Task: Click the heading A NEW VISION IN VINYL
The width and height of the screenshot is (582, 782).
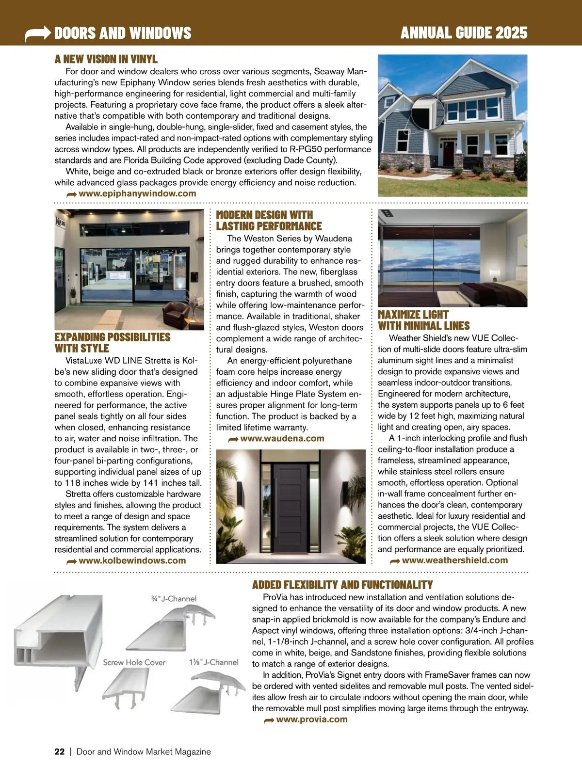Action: pos(106,59)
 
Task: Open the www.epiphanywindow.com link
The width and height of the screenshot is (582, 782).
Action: pos(137,193)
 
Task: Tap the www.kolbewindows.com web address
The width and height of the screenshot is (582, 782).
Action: pos(132,560)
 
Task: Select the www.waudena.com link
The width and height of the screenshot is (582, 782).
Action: pos(282,438)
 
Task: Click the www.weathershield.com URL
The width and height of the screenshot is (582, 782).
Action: pos(455,560)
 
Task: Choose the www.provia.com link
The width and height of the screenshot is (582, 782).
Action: pos(312,719)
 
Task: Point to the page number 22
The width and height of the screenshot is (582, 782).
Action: pos(59,751)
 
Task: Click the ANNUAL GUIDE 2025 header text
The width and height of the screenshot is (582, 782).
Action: pos(464,33)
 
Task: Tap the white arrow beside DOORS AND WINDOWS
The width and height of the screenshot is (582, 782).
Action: pos(38,33)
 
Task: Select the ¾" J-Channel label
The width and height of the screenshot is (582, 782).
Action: pos(174,599)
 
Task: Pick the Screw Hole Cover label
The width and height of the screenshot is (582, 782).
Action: pos(134,662)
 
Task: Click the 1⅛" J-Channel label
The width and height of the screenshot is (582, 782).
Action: pos(213,662)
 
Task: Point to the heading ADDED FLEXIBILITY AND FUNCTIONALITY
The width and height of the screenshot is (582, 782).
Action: pos(342,585)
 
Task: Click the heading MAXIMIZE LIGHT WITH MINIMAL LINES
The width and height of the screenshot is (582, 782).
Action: pos(423,320)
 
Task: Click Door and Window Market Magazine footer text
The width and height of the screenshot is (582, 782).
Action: pos(144,751)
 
